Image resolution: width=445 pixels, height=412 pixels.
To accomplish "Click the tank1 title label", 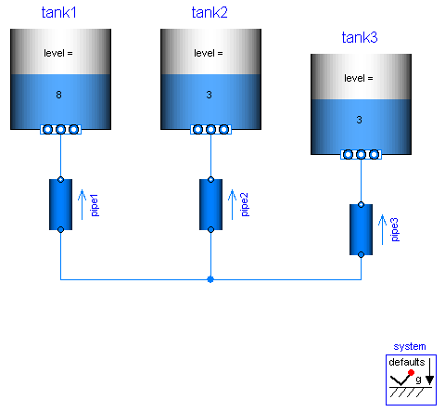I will tap(60, 12).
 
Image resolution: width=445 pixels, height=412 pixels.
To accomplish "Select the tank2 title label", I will tap(210, 12).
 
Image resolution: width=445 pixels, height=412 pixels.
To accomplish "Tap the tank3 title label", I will tap(360, 38).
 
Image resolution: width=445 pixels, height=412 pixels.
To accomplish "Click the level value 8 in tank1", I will tap(60, 95).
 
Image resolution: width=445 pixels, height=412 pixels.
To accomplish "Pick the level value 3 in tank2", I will tap(210, 95).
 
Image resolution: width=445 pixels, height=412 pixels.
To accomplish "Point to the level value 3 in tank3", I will tap(360, 120).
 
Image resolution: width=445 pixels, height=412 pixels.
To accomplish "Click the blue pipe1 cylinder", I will tap(60, 204).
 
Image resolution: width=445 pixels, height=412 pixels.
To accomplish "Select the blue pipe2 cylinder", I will tap(210, 204).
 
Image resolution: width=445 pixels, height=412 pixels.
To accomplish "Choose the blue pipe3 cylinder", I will tap(361, 229).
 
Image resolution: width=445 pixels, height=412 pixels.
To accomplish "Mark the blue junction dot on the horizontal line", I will tap(210, 278).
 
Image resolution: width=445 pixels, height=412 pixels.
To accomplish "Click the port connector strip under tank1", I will tap(60, 130).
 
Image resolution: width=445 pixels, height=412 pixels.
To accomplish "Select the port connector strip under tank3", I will tap(360, 155).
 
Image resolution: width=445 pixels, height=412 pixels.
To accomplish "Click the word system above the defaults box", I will tap(410, 346).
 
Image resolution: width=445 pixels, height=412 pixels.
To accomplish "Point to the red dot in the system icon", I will tap(410, 373).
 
